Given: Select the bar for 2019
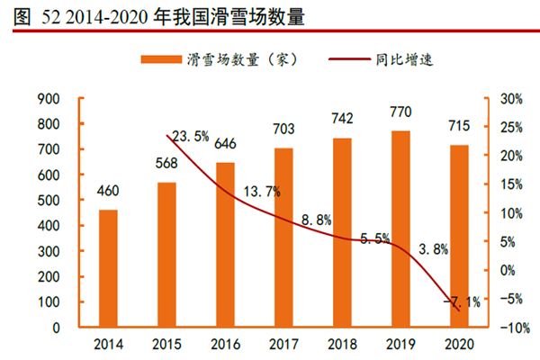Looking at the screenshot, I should click(x=400, y=229).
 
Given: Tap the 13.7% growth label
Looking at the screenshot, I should click(x=262, y=192).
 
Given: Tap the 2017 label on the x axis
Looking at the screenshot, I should click(x=283, y=346).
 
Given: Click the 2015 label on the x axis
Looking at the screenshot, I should click(x=166, y=346).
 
